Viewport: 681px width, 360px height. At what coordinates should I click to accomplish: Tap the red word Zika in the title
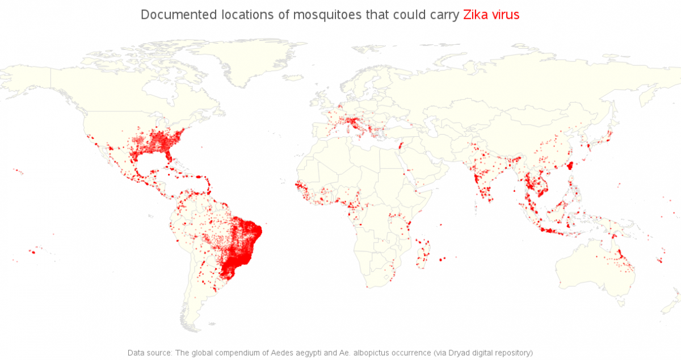476,15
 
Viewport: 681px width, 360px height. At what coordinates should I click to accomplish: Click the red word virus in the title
505,15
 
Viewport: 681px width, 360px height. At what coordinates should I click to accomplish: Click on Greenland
250,62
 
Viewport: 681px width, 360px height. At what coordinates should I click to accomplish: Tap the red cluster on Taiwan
570,165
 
